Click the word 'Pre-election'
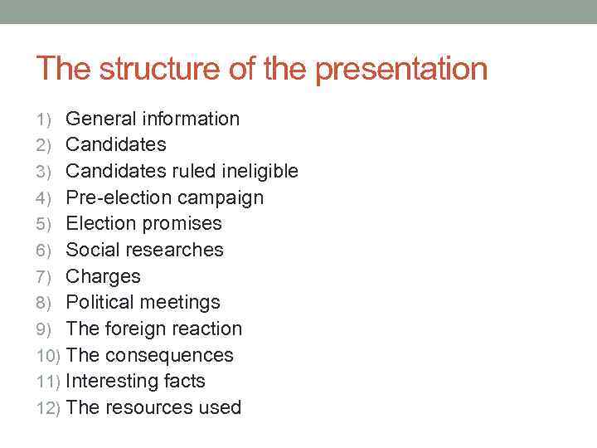click(115, 197)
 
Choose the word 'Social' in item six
click(90, 250)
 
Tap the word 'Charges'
click(103, 277)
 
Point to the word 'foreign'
click(136, 329)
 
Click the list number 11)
click(48, 382)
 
